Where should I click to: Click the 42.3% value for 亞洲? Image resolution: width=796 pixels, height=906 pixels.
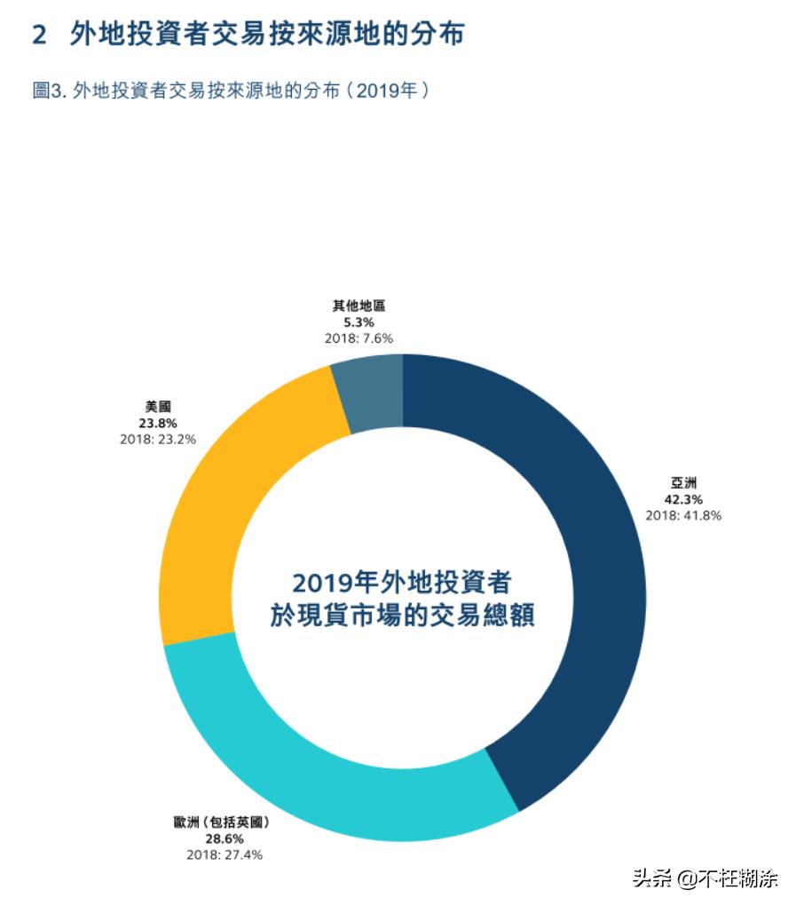coord(682,500)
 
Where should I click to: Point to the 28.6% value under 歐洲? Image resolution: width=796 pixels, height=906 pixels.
coord(224,838)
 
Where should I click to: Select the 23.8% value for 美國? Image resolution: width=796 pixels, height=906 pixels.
coord(157,423)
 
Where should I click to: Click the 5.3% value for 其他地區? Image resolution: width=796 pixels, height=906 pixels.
coord(359,322)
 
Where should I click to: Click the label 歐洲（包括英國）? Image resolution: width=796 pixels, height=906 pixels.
coord(223,823)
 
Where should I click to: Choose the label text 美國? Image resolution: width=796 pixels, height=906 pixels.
coord(157,408)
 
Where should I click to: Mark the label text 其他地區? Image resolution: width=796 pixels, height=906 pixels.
coord(359,306)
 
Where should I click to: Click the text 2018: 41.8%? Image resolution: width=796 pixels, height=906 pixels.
coord(682,515)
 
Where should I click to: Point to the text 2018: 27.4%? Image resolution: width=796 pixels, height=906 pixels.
coord(224,854)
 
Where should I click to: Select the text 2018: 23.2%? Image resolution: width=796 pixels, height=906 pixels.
coord(157,439)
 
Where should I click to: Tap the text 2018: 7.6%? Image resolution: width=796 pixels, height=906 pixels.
coord(359,338)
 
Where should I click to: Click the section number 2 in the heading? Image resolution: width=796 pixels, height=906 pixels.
coord(39,35)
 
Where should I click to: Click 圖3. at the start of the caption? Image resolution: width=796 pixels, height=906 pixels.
coord(50,91)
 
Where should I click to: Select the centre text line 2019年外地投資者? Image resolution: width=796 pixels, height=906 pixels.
coord(402,583)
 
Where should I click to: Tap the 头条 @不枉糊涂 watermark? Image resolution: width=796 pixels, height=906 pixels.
coord(705,878)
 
